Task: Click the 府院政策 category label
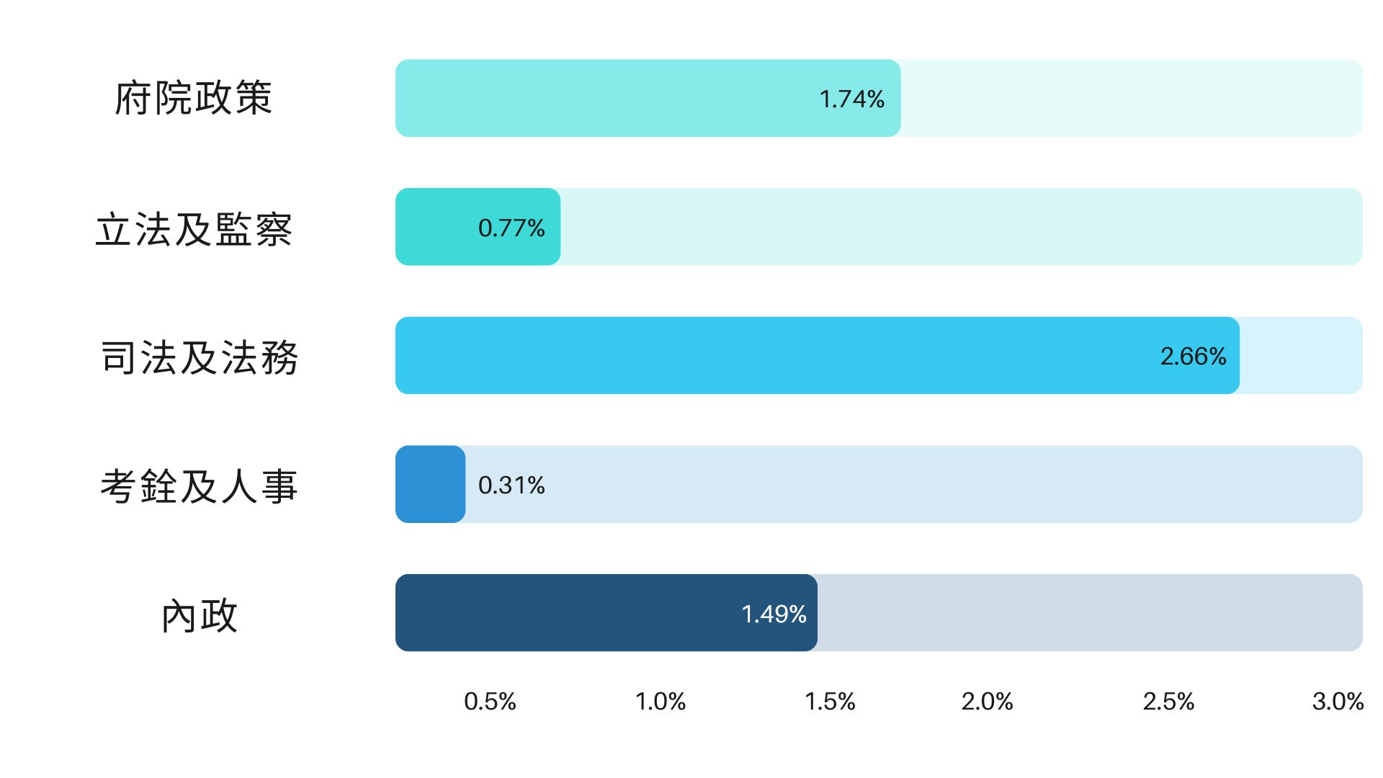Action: (x=193, y=98)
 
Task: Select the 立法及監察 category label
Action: (x=193, y=230)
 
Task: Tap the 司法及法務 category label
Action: (x=199, y=357)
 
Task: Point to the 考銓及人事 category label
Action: (x=199, y=486)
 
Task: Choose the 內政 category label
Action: (x=199, y=616)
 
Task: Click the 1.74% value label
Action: (x=851, y=99)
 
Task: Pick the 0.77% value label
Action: (x=511, y=228)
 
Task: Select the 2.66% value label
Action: (x=1193, y=356)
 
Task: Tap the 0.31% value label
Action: (x=511, y=485)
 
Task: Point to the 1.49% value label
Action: (x=774, y=614)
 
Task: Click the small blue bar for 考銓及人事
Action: (x=430, y=484)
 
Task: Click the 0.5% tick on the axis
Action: (x=490, y=701)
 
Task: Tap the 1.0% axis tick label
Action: (x=660, y=701)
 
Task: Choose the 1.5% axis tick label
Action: (x=830, y=701)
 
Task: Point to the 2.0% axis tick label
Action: (x=987, y=701)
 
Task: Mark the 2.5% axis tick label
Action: (x=1168, y=701)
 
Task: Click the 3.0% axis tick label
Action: (x=1338, y=701)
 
